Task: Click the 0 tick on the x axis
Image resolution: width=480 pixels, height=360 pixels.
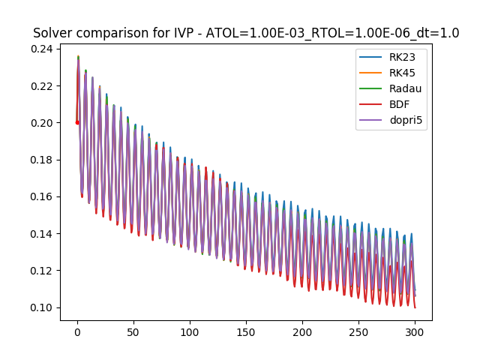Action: tap(77, 331)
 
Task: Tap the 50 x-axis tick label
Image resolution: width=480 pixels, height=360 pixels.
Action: tap(133, 331)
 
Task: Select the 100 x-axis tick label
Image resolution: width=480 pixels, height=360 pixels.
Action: tap(190, 331)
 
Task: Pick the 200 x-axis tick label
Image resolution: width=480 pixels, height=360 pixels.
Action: tap(302, 331)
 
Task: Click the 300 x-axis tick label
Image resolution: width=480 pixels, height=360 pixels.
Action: tap(415, 331)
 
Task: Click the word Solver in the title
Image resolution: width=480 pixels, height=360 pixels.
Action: tap(52, 33)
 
